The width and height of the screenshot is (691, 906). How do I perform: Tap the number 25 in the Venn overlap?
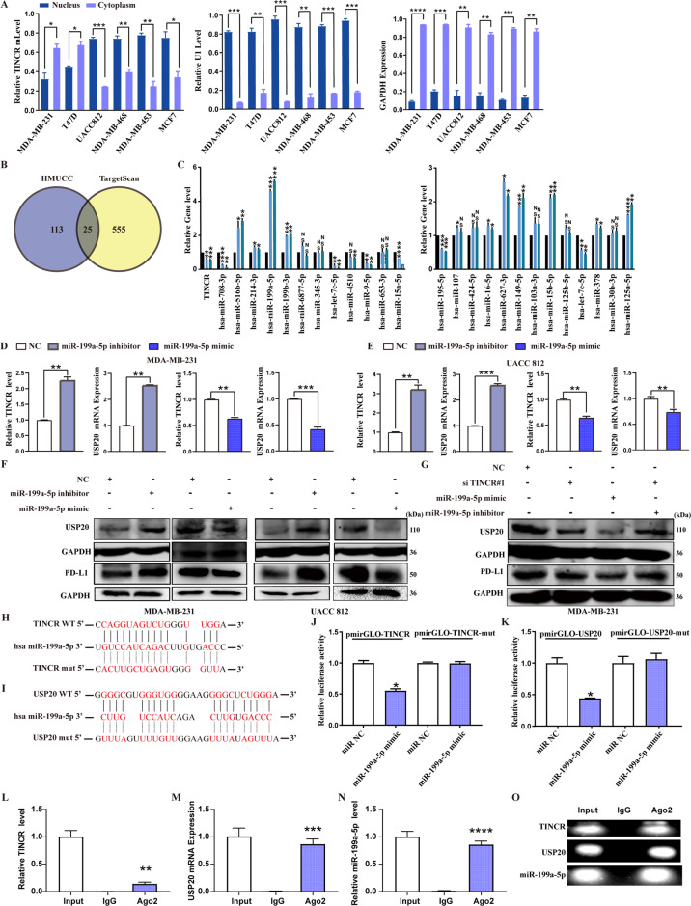87,246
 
